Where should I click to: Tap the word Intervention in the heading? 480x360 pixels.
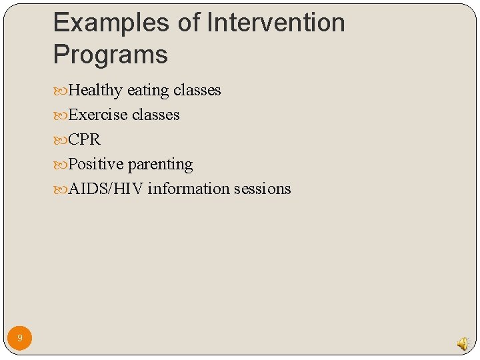[276, 23]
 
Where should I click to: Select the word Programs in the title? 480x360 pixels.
[111, 55]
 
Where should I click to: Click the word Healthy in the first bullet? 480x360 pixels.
[96, 90]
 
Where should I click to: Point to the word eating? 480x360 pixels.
[148, 90]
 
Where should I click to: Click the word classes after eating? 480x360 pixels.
[197, 90]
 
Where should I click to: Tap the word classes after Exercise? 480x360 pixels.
[155, 115]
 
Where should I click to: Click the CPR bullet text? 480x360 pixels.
[85, 139]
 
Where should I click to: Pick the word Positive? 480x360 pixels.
[96, 164]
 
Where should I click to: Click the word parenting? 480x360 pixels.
[160, 164]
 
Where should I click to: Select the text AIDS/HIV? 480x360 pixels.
[106, 189]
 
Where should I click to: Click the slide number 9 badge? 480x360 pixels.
[20, 339]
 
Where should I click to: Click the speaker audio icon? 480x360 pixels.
[462, 343]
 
